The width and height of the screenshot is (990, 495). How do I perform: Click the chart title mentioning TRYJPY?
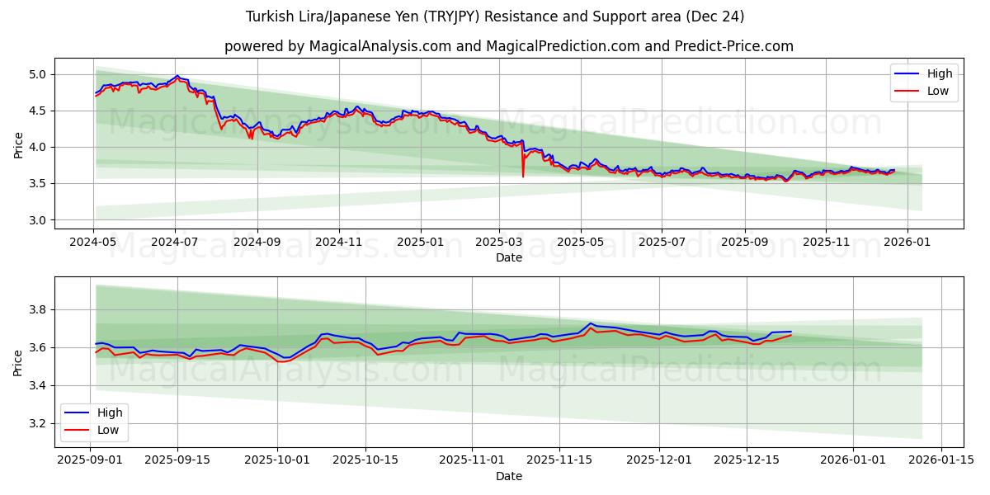495,16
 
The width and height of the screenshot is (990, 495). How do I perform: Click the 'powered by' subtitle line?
508,46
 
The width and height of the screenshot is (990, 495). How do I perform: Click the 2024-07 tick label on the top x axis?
175,242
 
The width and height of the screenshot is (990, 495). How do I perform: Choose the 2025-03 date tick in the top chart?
499,242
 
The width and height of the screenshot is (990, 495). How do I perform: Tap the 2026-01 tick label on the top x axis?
907,242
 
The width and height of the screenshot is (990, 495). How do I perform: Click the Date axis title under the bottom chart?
508,476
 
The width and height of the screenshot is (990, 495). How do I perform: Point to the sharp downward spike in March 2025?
523,175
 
